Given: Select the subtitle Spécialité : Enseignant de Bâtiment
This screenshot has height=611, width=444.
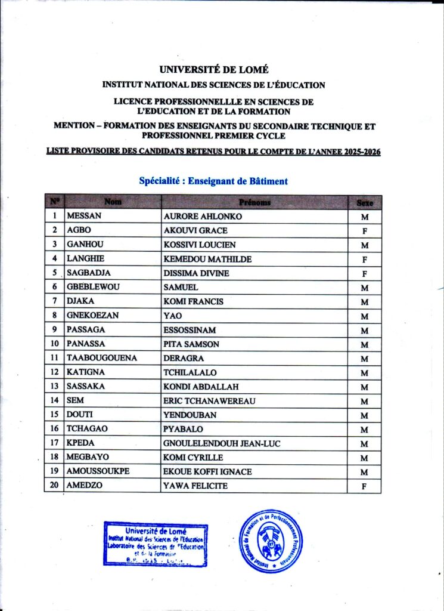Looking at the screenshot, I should coord(213,181).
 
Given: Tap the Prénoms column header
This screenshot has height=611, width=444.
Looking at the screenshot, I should coord(254,202).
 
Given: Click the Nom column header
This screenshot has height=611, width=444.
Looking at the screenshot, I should coord(113,202).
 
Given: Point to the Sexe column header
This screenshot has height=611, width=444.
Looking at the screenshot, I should coord(365,203).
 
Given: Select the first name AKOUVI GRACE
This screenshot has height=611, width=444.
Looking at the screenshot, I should coord(195,230).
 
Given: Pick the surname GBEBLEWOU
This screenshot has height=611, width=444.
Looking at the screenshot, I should coord(94,287).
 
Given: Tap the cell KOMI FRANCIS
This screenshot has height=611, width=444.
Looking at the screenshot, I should coord(194,301).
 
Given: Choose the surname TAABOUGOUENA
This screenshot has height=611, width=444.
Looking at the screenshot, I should coord(102,358).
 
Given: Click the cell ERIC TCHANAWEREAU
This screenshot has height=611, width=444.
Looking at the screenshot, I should coord(209,401).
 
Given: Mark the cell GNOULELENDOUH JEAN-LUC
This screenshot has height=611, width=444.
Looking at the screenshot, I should coord(222,443).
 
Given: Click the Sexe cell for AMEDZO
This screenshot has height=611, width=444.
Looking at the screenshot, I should coord(364,486).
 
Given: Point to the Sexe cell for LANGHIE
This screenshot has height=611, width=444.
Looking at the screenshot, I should coord(364,260).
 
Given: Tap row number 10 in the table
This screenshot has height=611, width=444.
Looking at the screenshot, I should coord(54,344).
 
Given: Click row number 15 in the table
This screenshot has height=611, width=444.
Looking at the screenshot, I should coord(54,415).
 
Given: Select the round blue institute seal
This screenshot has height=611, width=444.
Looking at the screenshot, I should coord(271,541).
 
